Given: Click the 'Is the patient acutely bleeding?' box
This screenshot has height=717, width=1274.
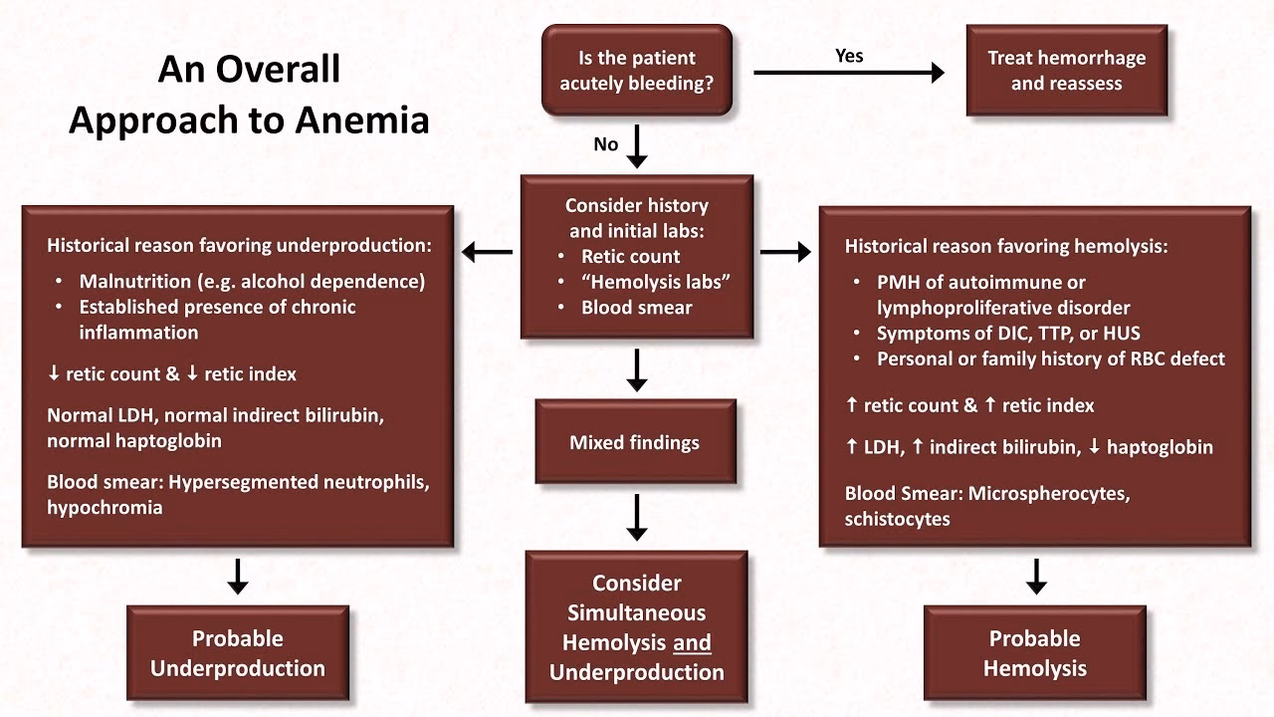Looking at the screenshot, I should (x=637, y=71).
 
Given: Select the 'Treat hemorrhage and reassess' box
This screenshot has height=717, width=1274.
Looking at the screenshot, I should (x=1066, y=71).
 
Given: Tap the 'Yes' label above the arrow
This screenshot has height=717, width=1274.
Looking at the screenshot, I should (x=849, y=56).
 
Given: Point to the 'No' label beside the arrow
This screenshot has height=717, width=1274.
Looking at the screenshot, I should (x=605, y=144).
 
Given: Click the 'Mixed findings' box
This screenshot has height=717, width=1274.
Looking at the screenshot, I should (x=635, y=442).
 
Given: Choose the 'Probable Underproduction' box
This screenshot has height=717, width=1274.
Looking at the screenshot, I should (x=238, y=653).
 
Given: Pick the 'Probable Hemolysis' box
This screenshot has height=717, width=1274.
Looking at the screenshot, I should (x=1035, y=653).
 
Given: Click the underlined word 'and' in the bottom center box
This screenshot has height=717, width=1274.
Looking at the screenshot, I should (x=692, y=642).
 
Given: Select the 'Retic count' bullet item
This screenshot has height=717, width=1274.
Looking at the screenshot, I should (x=630, y=256).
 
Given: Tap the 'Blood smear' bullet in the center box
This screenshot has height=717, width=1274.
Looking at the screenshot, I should (x=636, y=307).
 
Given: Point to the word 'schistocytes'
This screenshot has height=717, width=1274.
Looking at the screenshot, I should (x=897, y=519).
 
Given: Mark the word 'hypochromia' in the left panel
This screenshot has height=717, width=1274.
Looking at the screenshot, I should (x=105, y=507).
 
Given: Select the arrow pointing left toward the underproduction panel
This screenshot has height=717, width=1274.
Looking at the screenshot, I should (x=488, y=253).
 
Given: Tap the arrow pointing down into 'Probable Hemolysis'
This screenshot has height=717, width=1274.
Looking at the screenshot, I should (x=1035, y=576).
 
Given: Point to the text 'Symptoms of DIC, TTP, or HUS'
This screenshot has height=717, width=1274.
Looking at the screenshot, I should (x=1008, y=334).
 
